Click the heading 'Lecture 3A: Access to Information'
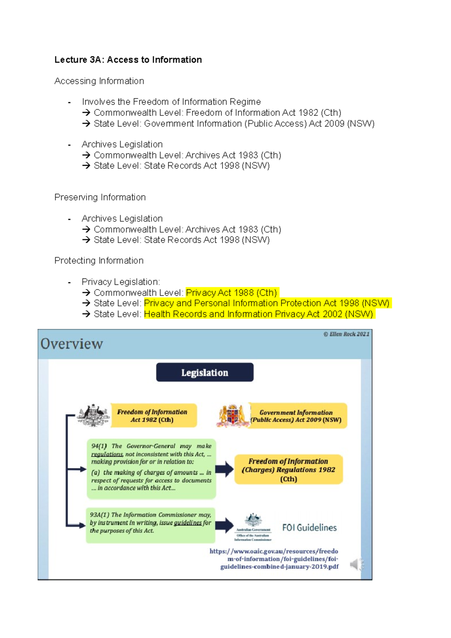[x=128, y=60]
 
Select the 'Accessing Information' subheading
[x=99, y=81]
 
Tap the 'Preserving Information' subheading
[x=100, y=197]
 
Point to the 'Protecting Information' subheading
[x=99, y=261]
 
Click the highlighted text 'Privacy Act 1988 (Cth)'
[x=232, y=293]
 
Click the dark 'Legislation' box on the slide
[x=204, y=372]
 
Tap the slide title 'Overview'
[x=71, y=344]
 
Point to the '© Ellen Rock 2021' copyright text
[x=346, y=334]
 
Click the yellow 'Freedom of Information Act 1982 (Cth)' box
[x=153, y=416]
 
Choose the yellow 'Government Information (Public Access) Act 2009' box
[x=297, y=416]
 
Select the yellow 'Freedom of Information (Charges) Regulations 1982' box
[x=289, y=469]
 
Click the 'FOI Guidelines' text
[x=309, y=528]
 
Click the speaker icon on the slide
[x=357, y=564]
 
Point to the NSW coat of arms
[x=232, y=416]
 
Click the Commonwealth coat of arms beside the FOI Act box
[x=93, y=415]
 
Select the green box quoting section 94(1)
[x=151, y=468]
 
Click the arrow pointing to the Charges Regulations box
[x=225, y=469]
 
